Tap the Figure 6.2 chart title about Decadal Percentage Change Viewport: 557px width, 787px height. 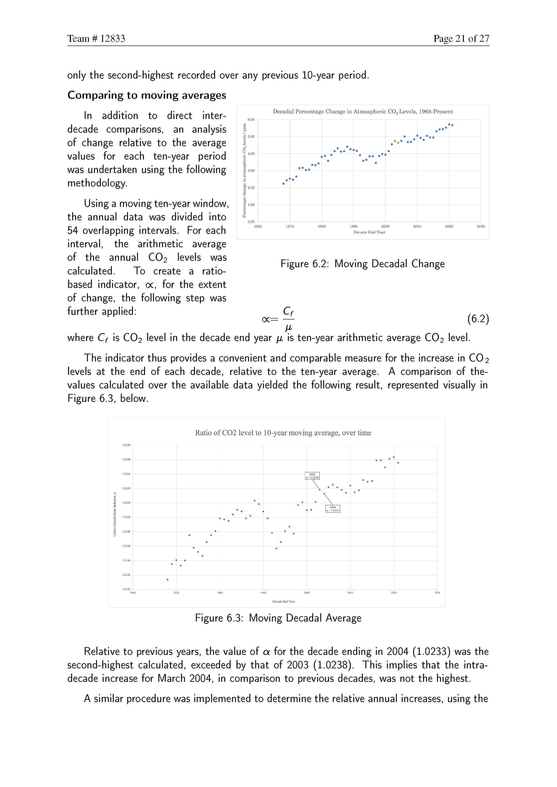pyautogui.click(x=363, y=112)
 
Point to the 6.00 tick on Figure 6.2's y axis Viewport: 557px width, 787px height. pyautogui.click(x=251, y=120)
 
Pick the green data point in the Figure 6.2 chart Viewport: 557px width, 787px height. pyautogui.click(x=395, y=141)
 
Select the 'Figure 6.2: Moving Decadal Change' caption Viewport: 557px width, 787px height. pyautogui.click(x=363, y=264)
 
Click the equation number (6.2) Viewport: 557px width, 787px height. pyautogui.click(x=478, y=319)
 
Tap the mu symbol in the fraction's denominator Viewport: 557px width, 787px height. pyautogui.click(x=288, y=327)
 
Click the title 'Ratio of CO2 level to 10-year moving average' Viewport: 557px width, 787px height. pyautogui.click(x=283, y=433)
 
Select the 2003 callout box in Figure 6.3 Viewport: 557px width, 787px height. pyautogui.click(x=312, y=476)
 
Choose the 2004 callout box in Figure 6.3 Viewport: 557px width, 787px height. pyautogui.click(x=333, y=509)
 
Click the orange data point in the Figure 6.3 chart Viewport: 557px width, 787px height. pyautogui.click(x=324, y=494)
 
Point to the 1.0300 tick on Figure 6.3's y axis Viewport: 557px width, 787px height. pyautogui.click(x=126, y=445)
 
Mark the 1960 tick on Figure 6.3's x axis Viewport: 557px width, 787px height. pyautogui.click(x=133, y=593)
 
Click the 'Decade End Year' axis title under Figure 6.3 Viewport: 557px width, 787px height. pyautogui.click(x=284, y=601)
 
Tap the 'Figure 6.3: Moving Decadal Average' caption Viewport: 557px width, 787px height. pyautogui.click(x=278, y=618)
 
